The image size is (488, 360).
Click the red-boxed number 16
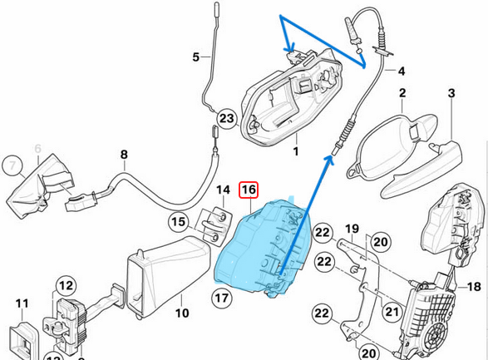pos(249,190)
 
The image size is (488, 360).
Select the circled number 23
pos(227,119)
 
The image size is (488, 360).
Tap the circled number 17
pos(222,298)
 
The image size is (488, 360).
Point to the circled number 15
pos(179,222)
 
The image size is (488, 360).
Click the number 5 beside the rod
pos(195,57)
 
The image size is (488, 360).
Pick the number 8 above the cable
pos(124,155)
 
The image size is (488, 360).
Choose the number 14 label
pos(223,190)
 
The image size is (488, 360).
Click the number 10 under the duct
pos(182,313)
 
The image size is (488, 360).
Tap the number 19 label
pos(352,229)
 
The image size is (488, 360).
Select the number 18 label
pos(474,287)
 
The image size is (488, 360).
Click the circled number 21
pos(392,311)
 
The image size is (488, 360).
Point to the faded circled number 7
pos(12,165)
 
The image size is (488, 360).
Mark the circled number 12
pos(66,285)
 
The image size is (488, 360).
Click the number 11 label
pos(22,303)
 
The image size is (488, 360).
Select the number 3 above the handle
pos(451,93)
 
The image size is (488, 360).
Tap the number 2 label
pos(402,93)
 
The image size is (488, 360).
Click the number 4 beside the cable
pos(402,71)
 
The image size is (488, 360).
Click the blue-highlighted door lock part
pos(264,249)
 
